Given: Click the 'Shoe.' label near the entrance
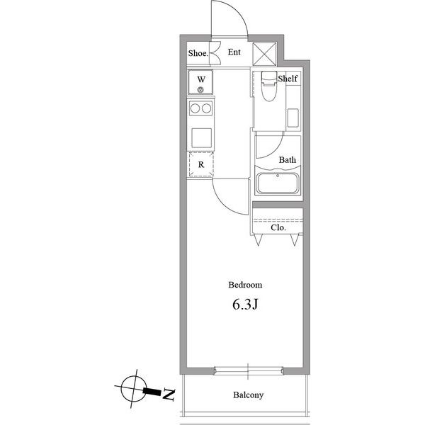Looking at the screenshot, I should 198,53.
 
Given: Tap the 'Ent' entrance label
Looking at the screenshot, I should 234,52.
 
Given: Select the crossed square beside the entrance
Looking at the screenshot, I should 266,54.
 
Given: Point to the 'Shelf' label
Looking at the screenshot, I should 288,79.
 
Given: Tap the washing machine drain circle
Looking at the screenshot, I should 201,90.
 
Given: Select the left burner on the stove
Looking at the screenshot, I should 195,108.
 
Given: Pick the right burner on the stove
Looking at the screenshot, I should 207,108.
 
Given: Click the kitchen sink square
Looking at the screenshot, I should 201,137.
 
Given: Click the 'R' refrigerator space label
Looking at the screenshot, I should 201,165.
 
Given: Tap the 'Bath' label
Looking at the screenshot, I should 287,160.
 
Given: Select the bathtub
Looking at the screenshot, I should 279,183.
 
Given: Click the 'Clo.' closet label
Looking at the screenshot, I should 278,228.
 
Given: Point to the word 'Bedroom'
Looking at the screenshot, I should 245,285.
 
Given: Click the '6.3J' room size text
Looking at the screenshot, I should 245,306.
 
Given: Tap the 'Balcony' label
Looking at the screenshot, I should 248,395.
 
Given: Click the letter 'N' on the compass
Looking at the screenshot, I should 169,395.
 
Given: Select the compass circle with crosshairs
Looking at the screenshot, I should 132,387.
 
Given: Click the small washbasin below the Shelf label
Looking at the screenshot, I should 294,118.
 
